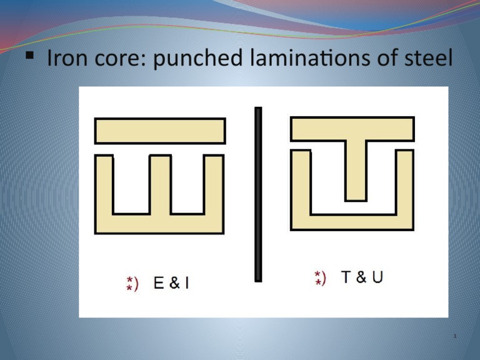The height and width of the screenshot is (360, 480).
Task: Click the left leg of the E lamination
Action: (104, 185)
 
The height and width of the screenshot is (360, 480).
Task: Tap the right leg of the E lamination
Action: (213, 185)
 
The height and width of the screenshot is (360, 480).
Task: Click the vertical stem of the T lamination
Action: (355, 169)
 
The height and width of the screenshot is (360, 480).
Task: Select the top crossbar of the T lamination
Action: (352, 128)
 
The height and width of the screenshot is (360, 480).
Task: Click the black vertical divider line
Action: (258, 194)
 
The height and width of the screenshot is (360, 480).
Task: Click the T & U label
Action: (362, 277)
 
